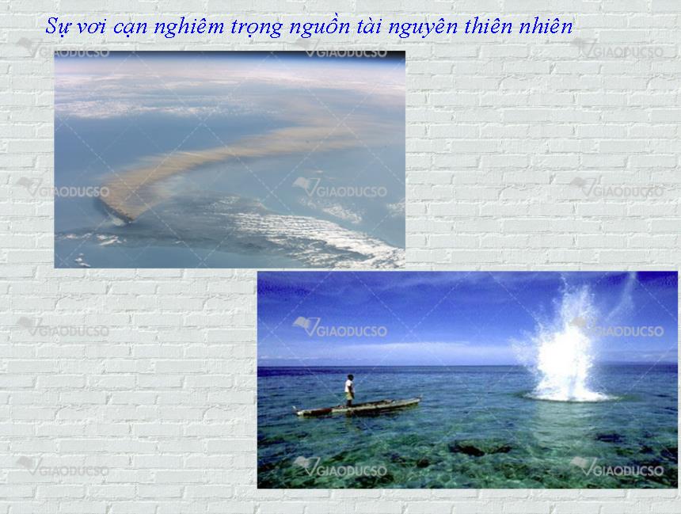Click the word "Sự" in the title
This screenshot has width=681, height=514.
(58, 27)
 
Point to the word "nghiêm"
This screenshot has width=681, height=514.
(189, 28)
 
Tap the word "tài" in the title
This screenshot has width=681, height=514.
(369, 27)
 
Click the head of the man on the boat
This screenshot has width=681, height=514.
(350, 377)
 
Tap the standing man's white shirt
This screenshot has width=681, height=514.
(348, 386)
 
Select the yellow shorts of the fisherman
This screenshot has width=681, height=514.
(350, 395)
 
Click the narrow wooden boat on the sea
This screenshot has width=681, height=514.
(358, 407)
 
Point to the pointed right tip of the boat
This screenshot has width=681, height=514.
(420, 399)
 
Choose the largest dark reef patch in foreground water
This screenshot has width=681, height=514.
(477, 447)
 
